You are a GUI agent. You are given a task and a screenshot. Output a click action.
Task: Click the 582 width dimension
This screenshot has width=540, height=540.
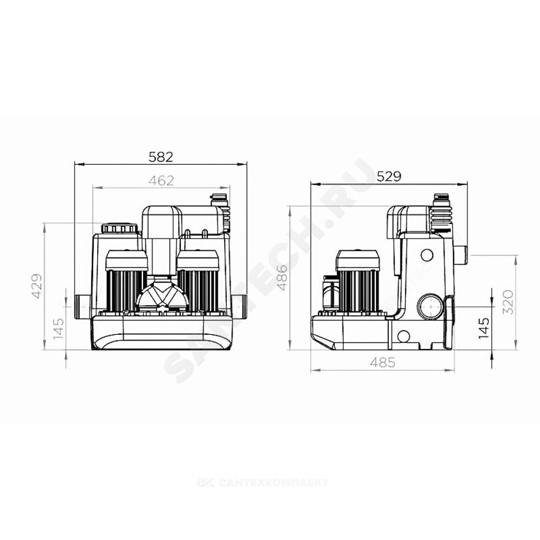[x=161, y=157]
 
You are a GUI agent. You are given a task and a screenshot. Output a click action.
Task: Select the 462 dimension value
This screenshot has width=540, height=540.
[x=161, y=180]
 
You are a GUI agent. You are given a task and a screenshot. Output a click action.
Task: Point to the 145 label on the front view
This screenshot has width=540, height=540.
[x=59, y=329]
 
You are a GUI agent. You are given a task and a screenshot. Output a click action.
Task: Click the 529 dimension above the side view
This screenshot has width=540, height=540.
[x=389, y=177]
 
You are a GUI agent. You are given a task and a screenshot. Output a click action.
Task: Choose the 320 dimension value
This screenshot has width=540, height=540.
[x=509, y=302]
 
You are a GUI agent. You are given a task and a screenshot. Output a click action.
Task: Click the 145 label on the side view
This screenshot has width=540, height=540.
[x=484, y=328]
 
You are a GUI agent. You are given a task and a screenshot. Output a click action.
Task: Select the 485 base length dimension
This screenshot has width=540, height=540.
[x=383, y=362]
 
